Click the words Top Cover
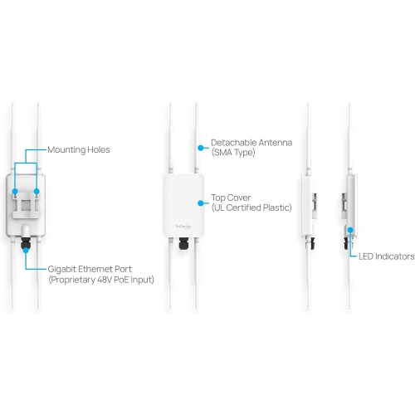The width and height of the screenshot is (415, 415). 232,198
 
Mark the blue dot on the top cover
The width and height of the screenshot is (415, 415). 198,203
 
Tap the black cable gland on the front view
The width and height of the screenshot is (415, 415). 183,246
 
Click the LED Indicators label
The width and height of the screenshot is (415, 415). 386,256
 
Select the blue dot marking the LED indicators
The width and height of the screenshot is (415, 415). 351,230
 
